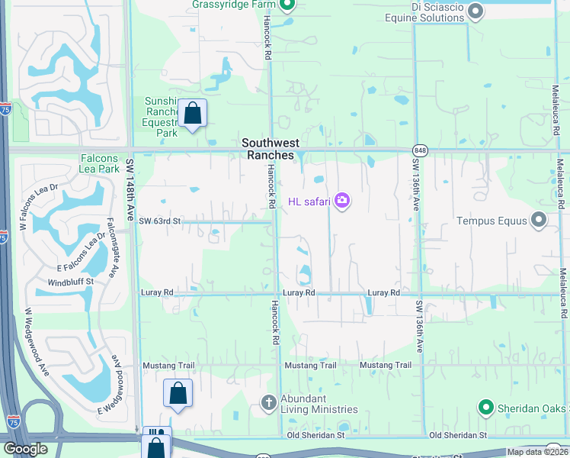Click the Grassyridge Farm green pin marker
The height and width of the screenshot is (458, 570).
(287, 6)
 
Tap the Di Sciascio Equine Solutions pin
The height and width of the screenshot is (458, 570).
(476, 11)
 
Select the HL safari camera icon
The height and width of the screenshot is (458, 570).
(342, 201)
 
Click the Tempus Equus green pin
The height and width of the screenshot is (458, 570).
(539, 221)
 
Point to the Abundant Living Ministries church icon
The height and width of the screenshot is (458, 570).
(268, 402)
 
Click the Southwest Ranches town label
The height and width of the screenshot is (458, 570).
(270, 149)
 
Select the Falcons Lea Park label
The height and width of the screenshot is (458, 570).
(99, 163)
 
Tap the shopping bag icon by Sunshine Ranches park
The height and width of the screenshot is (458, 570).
(193, 114)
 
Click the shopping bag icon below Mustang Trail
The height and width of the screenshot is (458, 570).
(178, 394)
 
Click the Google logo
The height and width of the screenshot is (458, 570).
(25, 449)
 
